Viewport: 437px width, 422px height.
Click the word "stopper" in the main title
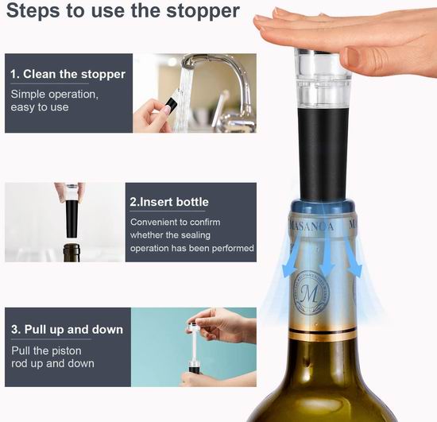coord(203,11)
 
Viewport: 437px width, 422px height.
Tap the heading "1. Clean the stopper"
coord(68,74)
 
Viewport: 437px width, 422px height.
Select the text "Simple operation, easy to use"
coord(54,101)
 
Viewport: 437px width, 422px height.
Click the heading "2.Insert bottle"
coord(169,202)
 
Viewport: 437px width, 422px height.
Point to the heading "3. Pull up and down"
coord(67,330)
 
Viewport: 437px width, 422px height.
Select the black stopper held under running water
coord(171,105)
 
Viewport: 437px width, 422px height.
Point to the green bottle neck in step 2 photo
coord(72,253)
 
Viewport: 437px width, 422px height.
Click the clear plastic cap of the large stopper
coord(323,78)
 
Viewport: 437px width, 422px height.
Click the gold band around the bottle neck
coord(323,335)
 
